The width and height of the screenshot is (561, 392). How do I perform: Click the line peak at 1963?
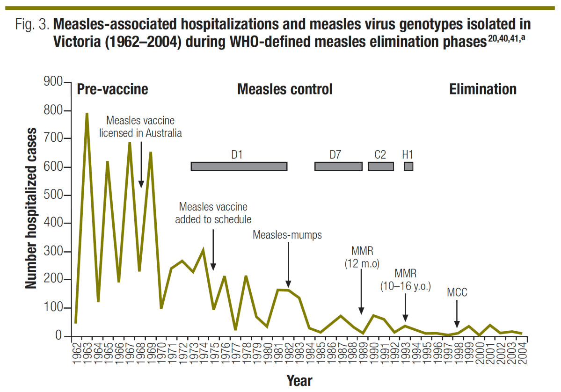(87, 114)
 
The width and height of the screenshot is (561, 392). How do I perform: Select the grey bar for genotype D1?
(239, 166)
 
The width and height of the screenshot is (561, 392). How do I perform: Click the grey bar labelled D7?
(338, 166)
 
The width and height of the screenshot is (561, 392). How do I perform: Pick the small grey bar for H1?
(408, 166)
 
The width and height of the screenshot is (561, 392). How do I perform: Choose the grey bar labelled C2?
(380, 166)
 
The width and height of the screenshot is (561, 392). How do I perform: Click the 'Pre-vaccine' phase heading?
(112, 89)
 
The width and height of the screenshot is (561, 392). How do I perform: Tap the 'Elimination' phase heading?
(483, 89)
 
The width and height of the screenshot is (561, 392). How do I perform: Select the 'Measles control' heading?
(284, 89)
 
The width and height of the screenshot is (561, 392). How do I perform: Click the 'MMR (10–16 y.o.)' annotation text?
(405, 279)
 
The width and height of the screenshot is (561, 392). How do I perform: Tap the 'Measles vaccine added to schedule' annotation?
(213, 213)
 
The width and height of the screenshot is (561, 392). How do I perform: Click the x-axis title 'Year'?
(299, 380)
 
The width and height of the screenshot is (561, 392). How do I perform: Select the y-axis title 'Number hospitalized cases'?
(31, 208)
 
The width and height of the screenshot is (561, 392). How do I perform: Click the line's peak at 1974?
(203, 250)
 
